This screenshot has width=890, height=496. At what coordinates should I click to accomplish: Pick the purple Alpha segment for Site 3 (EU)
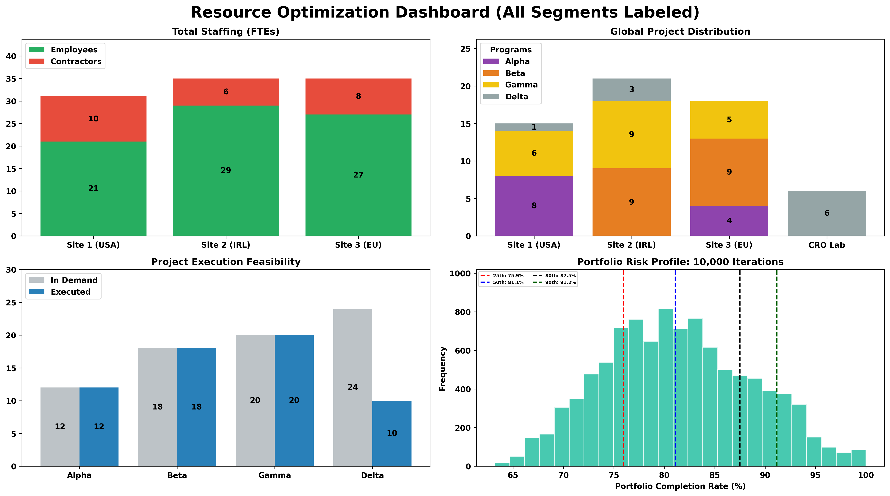pos(729,221)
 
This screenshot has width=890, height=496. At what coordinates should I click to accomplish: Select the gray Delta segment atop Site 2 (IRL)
pos(631,90)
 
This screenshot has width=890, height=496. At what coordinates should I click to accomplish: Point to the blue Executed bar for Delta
pos(392,433)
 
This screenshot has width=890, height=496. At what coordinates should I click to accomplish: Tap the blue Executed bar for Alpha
pos(99,427)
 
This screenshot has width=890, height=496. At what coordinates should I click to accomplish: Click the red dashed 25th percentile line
pos(623,380)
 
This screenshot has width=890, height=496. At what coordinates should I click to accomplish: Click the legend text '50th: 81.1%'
pos(508,282)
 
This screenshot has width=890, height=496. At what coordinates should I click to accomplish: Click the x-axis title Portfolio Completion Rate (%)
pos(680,486)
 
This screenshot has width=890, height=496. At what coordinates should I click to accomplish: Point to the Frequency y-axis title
pos(443,369)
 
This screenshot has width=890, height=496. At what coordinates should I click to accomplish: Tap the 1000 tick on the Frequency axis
pos(460,273)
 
